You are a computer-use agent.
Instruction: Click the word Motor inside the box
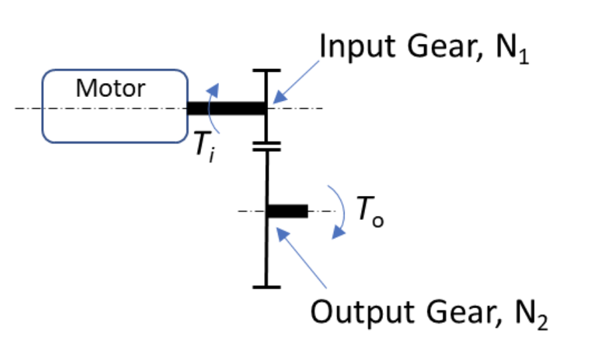click(110, 88)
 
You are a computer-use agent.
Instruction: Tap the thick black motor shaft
click(226, 108)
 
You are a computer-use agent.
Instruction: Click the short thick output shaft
click(287, 211)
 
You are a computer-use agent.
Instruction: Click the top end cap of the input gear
click(266, 70)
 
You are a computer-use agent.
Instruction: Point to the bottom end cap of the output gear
click(267, 287)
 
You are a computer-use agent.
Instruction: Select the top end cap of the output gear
click(267, 149)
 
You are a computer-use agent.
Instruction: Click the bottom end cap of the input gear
click(266, 141)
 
